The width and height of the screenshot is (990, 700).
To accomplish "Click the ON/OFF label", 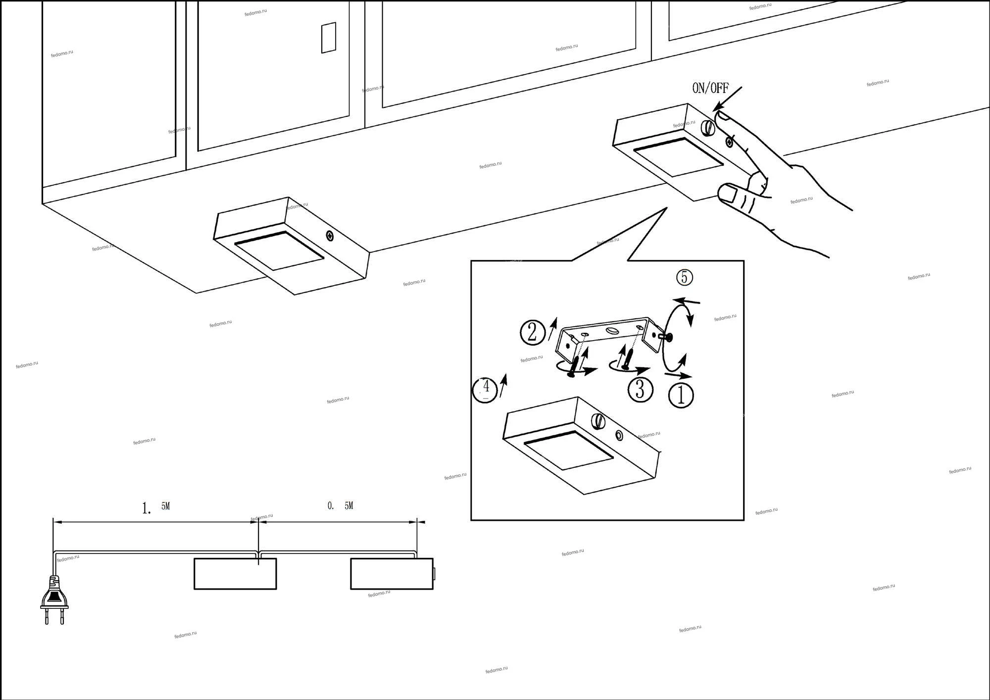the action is (710, 88).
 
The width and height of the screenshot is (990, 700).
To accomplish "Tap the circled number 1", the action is (681, 396).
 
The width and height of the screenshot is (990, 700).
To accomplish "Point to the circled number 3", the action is (640, 390).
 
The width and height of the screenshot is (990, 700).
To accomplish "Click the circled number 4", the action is (485, 390).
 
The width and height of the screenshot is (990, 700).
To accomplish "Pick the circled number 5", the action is (685, 277).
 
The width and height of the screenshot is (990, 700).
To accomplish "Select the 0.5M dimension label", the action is (341, 506).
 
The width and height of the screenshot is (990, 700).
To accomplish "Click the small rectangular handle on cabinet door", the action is (329, 38).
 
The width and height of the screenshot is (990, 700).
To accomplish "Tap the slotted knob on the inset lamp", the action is (598, 421).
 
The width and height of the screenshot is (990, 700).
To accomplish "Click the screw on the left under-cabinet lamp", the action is (330, 236).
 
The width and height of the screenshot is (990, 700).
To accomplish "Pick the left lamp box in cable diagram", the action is (235, 574).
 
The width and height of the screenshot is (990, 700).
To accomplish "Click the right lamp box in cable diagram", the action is (392, 574).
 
